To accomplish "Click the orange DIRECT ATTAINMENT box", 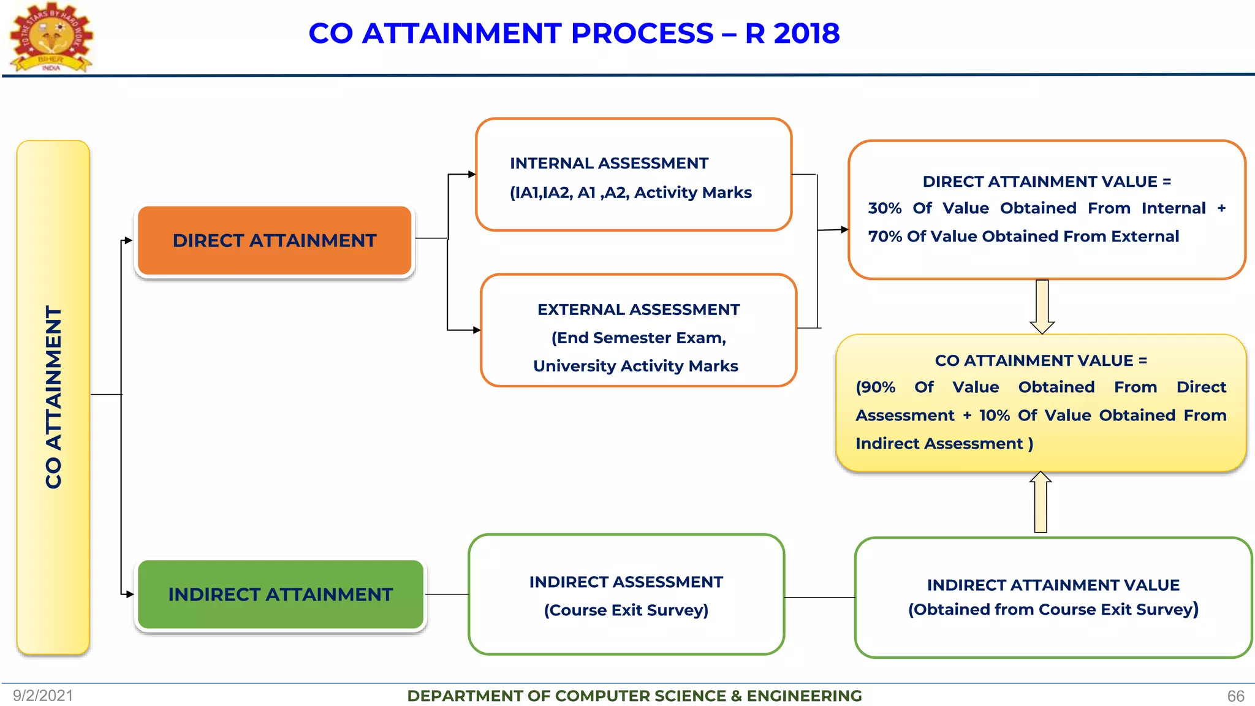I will (x=275, y=240).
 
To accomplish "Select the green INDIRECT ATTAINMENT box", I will (x=281, y=594).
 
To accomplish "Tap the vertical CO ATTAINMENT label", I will (x=54, y=397).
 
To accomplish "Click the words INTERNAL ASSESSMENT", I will (x=609, y=163).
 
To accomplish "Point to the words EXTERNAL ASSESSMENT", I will (x=638, y=309).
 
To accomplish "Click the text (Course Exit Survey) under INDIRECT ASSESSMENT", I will (x=626, y=610).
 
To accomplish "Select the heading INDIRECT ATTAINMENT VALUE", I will (x=1053, y=585).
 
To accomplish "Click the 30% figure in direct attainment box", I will (x=884, y=208).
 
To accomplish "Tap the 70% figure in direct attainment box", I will (x=884, y=237).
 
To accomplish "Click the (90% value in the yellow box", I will (x=875, y=387).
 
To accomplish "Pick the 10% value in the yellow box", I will (x=994, y=416).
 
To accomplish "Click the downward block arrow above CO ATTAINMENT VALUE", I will (x=1042, y=306).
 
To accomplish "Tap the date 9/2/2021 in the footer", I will (x=43, y=696).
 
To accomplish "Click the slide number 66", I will (x=1235, y=696).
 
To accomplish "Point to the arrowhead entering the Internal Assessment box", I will (x=472, y=174).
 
